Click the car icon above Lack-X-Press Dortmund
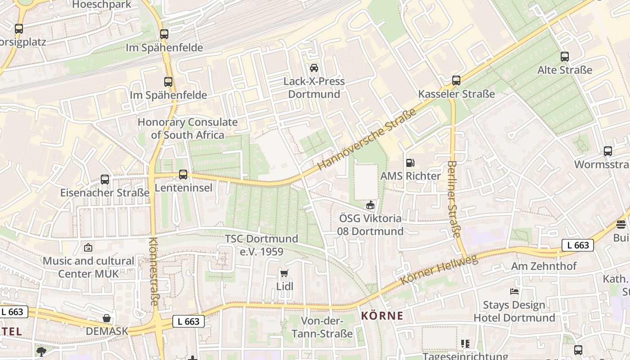(x=314, y=68)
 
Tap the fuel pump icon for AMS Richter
(x=410, y=163)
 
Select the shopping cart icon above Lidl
(x=284, y=273)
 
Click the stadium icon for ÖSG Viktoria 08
(x=370, y=206)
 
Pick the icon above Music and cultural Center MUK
(x=88, y=247)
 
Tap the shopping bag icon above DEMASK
(x=107, y=318)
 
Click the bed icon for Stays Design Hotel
(x=514, y=292)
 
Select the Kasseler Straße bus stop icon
(x=456, y=81)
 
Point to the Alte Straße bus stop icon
(x=565, y=57)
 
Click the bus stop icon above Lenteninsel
(x=183, y=174)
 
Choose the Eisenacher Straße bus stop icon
(x=105, y=179)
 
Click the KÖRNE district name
(x=382, y=316)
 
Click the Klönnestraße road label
(x=153, y=271)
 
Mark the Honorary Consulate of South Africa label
(x=188, y=128)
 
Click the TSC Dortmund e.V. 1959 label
(x=261, y=245)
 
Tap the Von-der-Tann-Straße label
(x=322, y=327)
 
